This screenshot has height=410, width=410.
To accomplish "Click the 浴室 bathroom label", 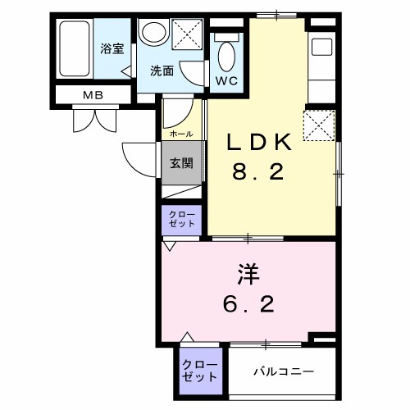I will pyautogui.click(x=112, y=49).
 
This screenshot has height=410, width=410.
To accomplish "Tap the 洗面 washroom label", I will pyautogui.click(x=162, y=71).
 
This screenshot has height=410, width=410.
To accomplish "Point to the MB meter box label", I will pyautogui.click(x=93, y=95).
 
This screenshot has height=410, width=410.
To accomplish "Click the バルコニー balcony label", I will pyautogui.click(x=282, y=372).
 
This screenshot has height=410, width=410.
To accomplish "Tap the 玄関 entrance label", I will pyautogui.click(x=181, y=162).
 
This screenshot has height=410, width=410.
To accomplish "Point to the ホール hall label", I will pyautogui.click(x=180, y=134).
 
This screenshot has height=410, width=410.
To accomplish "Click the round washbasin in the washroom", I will pyautogui.click(x=152, y=34).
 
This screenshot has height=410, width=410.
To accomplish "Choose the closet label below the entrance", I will pyautogui.click(x=181, y=219).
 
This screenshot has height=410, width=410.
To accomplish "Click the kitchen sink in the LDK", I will pyautogui.click(x=321, y=47).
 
